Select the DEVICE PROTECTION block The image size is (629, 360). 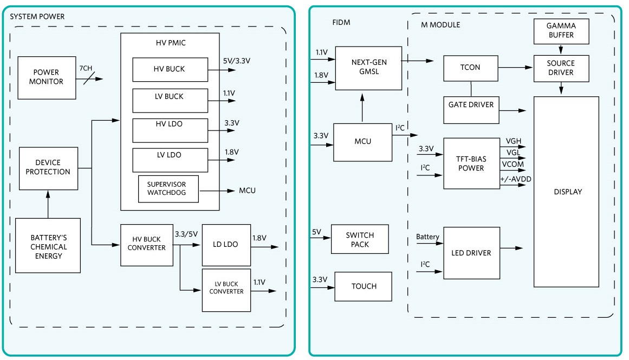[49, 167]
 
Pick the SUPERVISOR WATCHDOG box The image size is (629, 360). [169, 189]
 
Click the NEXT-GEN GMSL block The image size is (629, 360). [369, 68]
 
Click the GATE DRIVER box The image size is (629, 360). [470, 104]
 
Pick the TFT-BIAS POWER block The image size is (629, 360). [471, 163]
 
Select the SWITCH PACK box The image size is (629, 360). [360, 239]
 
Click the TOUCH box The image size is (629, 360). [363, 286]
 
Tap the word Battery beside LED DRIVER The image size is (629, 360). [428, 237]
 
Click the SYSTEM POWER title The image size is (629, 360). [37, 17]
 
